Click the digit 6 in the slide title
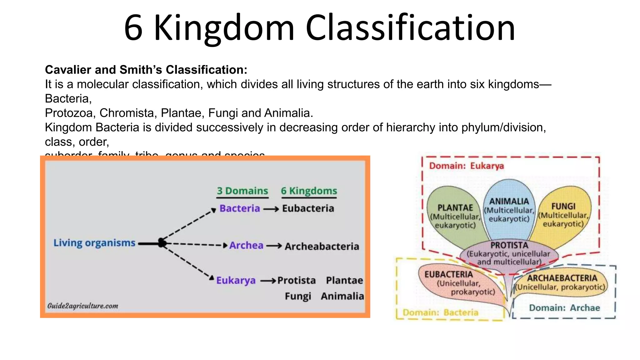point(133,28)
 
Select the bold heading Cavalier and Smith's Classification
point(146,70)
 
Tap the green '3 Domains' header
point(242,191)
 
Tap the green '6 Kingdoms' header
point(309,191)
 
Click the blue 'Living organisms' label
point(94,243)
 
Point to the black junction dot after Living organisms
point(162,243)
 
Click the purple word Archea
point(246,246)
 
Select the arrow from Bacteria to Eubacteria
point(271,209)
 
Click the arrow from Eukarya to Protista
point(268,281)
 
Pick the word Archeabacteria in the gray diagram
point(322,247)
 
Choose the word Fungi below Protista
point(298,296)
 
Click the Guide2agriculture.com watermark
point(83,306)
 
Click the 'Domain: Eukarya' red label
point(466,166)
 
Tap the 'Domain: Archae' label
point(564,308)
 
